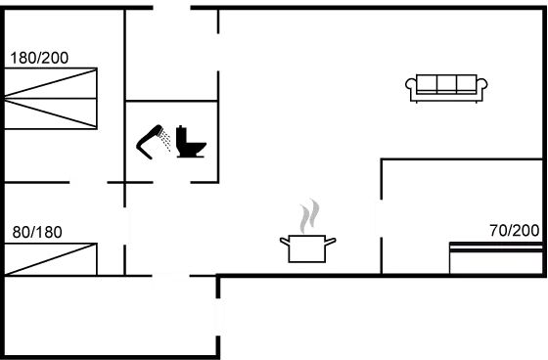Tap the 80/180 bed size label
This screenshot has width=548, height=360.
36,233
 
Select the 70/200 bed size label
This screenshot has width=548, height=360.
514,231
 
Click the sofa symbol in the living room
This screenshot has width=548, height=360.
446,86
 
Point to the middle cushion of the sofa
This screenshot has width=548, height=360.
446,83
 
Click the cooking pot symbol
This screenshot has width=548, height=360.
307,247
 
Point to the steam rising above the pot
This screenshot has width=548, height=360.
309,215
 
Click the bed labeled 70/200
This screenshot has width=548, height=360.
494,258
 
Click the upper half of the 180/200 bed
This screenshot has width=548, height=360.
51,82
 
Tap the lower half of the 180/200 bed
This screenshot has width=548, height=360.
51,113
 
